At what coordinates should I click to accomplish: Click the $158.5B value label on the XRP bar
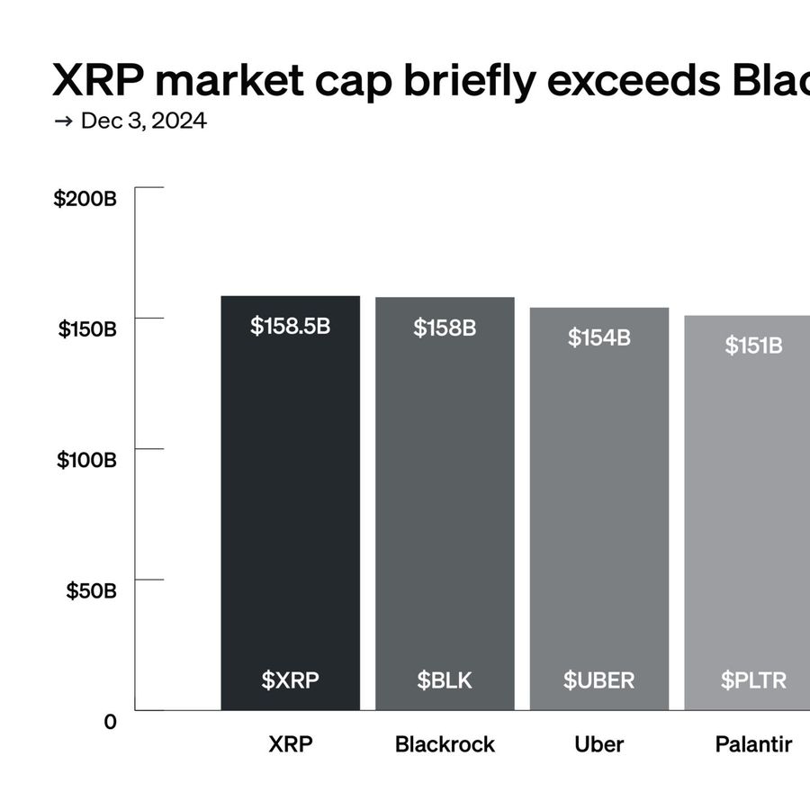(291, 326)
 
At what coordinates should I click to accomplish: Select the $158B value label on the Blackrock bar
(445, 328)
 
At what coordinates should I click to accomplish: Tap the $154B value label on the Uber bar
(598, 337)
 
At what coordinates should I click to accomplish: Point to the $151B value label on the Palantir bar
(753, 345)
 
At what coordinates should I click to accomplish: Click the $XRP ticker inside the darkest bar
(291, 680)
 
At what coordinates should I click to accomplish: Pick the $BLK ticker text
(445, 680)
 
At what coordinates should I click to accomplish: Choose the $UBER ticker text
(598, 680)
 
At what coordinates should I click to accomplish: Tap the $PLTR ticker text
(753, 680)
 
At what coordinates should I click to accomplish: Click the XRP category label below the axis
(291, 744)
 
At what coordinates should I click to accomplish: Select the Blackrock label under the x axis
(445, 744)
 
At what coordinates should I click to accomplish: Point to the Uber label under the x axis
(598, 744)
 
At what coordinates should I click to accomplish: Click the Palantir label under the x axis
(753, 744)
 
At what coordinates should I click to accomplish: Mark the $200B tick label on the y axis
(85, 199)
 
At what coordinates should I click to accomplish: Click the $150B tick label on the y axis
(88, 329)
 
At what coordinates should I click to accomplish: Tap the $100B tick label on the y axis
(87, 460)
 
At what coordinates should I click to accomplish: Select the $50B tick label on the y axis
(92, 591)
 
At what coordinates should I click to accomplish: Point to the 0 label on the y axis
(110, 722)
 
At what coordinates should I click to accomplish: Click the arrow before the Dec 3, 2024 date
(63, 121)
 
